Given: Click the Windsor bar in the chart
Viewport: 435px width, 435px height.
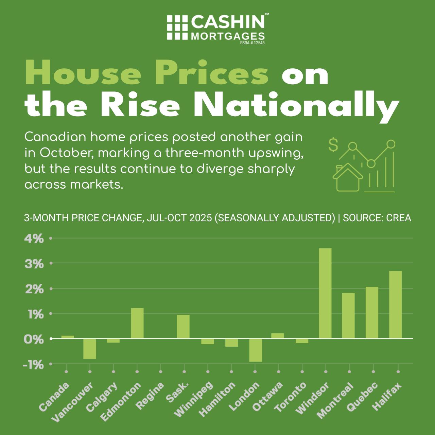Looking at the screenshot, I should (325, 293).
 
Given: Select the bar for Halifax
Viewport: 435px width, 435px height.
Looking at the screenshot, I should (396, 304).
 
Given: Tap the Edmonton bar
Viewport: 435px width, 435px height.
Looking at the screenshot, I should (137, 323).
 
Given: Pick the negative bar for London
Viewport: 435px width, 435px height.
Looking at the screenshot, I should (256, 350).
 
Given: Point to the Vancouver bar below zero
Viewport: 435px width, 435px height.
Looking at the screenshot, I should (90, 349).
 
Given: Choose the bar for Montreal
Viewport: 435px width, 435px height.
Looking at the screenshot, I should (348, 316).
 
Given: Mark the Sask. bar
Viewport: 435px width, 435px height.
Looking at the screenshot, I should (183, 327).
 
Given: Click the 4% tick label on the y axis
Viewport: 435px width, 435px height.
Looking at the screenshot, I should (34, 239).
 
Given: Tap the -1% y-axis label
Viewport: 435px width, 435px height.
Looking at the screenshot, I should (33, 365).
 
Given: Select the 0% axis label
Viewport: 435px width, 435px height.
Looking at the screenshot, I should (34, 339).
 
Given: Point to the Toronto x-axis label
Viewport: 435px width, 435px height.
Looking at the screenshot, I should (291, 397).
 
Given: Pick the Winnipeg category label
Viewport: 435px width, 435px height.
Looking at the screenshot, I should (194, 399).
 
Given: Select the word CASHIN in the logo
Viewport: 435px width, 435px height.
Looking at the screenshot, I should (228, 22).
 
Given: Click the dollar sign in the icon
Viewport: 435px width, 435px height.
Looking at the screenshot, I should (333, 145).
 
